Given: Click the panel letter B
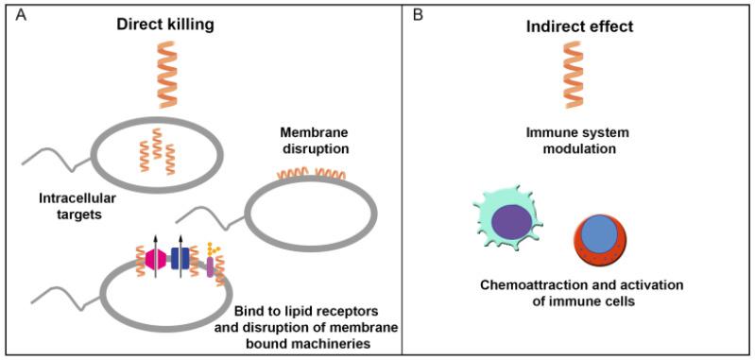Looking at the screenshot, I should point(413,14).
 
